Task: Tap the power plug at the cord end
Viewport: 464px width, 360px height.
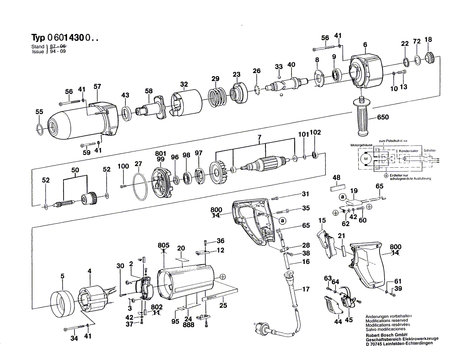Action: [x=263, y=327]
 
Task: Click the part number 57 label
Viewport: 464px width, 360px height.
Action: [x=97, y=87]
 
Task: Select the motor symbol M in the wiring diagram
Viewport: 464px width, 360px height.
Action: [x=365, y=158]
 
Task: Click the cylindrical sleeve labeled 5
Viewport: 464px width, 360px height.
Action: [x=61, y=300]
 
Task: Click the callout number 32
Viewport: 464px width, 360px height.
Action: [x=184, y=84]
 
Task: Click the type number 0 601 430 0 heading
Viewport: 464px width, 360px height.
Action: [x=65, y=38]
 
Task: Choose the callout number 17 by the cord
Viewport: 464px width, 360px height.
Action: [x=306, y=289]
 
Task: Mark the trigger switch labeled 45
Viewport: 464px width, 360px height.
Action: [x=348, y=299]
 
